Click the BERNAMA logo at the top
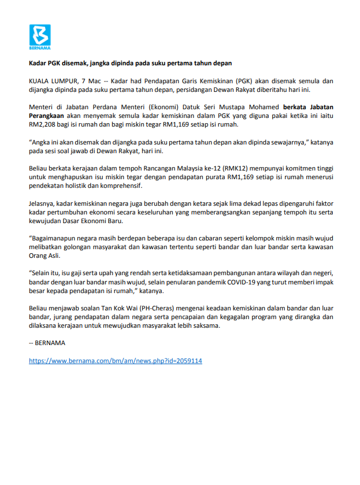(x=40, y=36)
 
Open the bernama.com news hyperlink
(x=116, y=361)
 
